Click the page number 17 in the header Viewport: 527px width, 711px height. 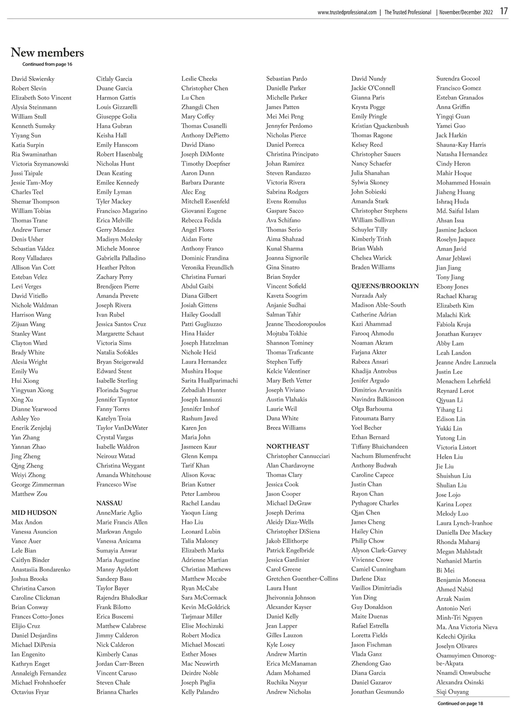click(503, 11)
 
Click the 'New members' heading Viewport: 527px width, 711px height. click(47, 53)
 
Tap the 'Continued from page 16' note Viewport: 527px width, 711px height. click(47, 65)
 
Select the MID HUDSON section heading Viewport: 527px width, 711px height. click(34, 512)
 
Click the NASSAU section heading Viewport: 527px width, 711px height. click(109, 503)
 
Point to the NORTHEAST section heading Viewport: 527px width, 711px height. click(288, 446)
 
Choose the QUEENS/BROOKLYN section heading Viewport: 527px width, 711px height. click(385, 286)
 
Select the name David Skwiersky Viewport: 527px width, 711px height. click(33, 79)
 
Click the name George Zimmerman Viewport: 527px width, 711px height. click(38, 484)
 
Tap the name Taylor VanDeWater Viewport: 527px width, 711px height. click(122, 428)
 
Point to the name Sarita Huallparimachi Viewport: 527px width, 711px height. click(209, 381)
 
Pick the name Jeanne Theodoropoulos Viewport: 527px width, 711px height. click(296, 324)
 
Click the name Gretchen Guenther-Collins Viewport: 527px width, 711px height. click(302, 578)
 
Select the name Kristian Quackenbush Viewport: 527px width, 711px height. click(380, 126)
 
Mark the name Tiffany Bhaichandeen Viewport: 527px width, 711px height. click(379, 447)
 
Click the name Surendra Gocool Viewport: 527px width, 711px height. click(458, 79)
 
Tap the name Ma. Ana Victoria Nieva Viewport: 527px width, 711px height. click(467, 627)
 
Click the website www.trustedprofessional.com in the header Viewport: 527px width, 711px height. click(347, 12)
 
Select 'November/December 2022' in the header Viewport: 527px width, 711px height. click(466, 12)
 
